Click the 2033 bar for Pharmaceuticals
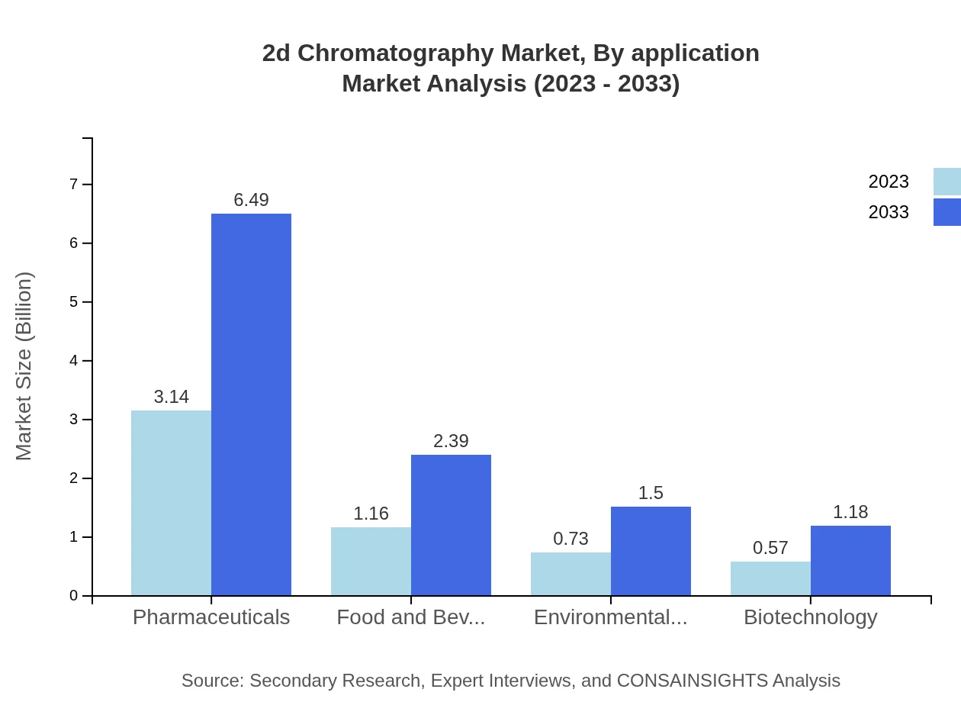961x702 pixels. point(251,404)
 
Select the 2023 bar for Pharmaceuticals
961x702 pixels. point(171,503)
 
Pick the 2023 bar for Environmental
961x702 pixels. point(570,574)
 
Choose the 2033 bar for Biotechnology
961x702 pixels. point(850,561)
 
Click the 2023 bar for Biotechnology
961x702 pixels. point(770,578)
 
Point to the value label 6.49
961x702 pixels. point(251,200)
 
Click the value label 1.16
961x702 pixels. point(371,514)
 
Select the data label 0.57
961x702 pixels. point(770,548)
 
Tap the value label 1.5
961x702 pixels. point(651,493)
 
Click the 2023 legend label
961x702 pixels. point(889,182)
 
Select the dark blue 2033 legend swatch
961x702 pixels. point(947,212)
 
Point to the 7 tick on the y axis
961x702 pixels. point(74,184)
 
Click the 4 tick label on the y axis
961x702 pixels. point(74,361)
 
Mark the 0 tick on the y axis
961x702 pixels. point(74,596)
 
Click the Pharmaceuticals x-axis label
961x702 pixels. point(211,617)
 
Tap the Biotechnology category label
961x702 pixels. point(810,617)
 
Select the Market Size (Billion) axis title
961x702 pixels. point(24,366)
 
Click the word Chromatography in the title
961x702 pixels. point(396,53)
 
